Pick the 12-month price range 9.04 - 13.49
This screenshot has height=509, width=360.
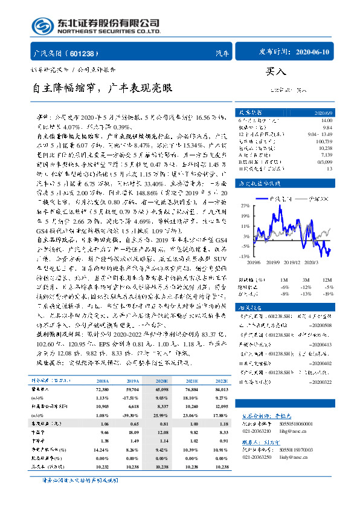point(320,132)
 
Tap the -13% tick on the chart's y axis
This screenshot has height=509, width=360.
point(245,256)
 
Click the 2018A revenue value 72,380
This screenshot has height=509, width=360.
point(101,391)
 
